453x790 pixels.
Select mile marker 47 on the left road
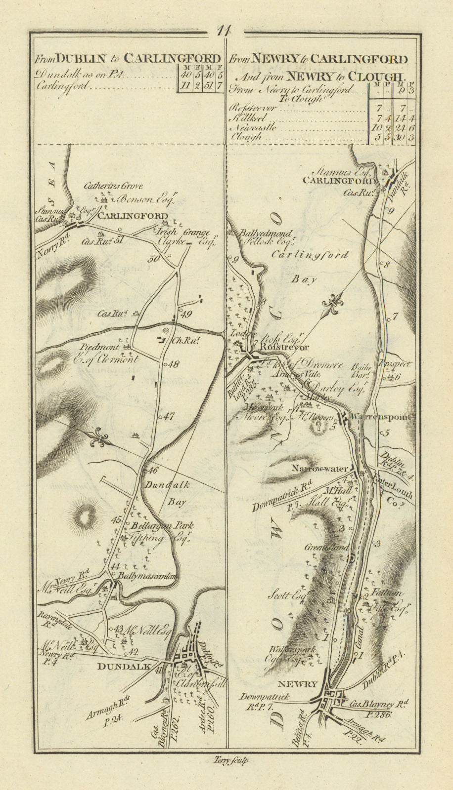[170, 416]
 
